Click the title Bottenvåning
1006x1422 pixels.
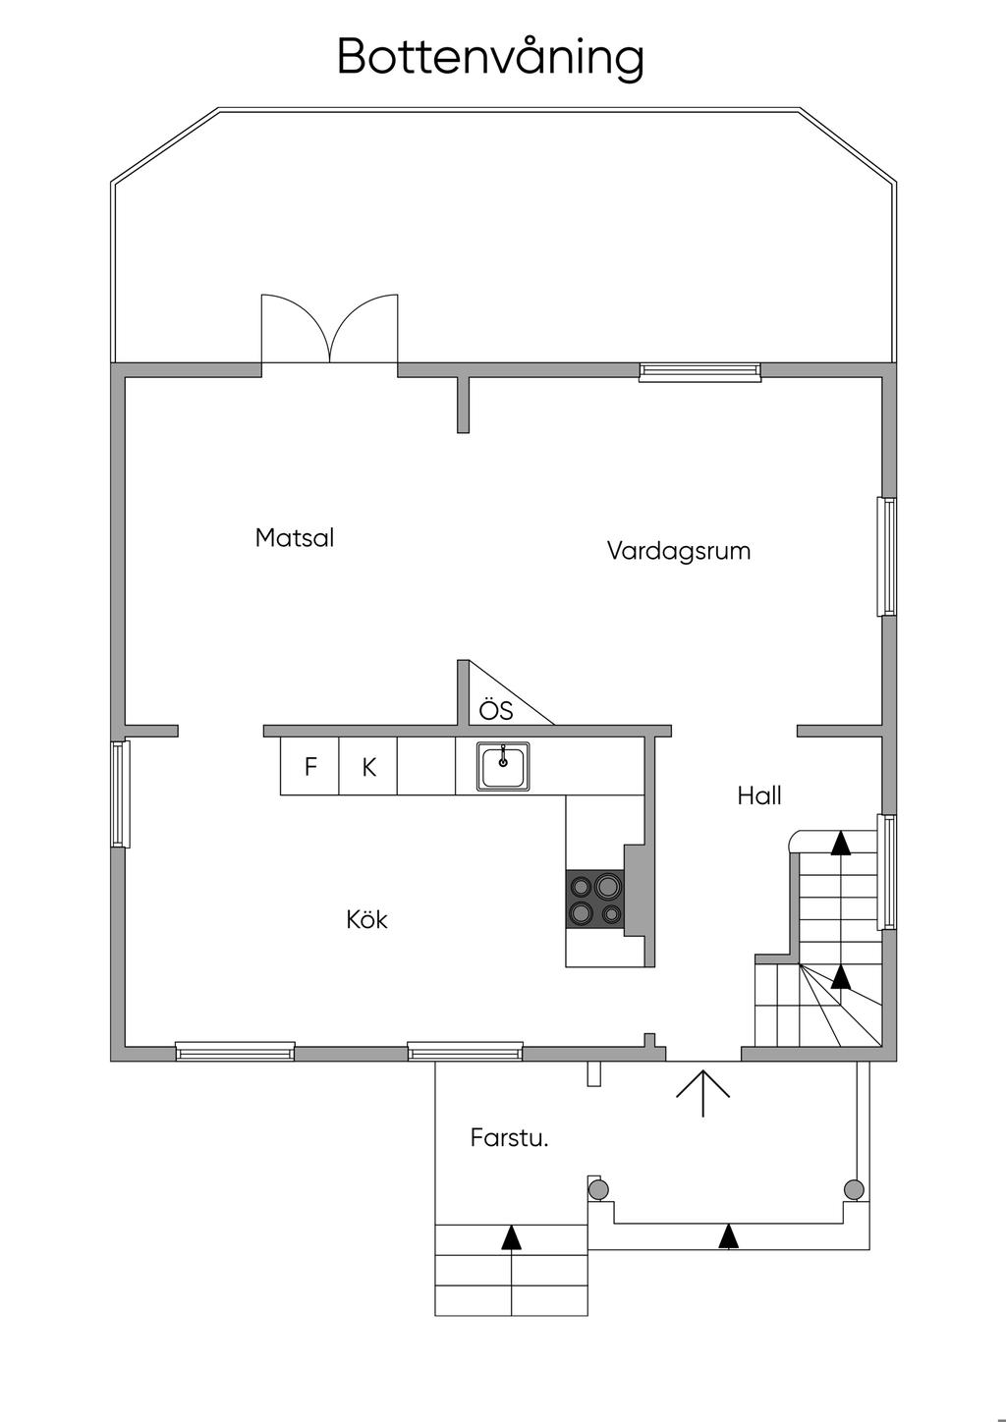tap(490, 57)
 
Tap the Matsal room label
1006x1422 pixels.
tap(294, 538)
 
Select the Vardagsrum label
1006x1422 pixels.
tap(678, 550)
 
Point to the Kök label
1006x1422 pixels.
tap(366, 920)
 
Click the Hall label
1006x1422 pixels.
tap(759, 795)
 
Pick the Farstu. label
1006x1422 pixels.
tap(508, 1138)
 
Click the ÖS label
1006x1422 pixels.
tap(496, 709)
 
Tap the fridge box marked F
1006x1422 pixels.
tap(309, 767)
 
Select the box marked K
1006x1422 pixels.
tap(368, 767)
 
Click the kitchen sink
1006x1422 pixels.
tap(503, 766)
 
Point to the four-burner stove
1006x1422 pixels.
tap(595, 899)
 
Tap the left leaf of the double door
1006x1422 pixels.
tap(295, 329)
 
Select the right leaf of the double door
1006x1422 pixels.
tap(365, 329)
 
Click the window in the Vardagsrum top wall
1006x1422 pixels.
tap(699, 370)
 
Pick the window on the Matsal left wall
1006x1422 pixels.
tap(120, 793)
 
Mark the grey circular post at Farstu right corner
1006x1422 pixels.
tap(854, 1189)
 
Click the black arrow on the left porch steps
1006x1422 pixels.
tap(511, 1237)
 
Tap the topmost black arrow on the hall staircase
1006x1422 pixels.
tap(841, 843)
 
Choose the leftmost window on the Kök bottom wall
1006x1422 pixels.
tap(235, 1052)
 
